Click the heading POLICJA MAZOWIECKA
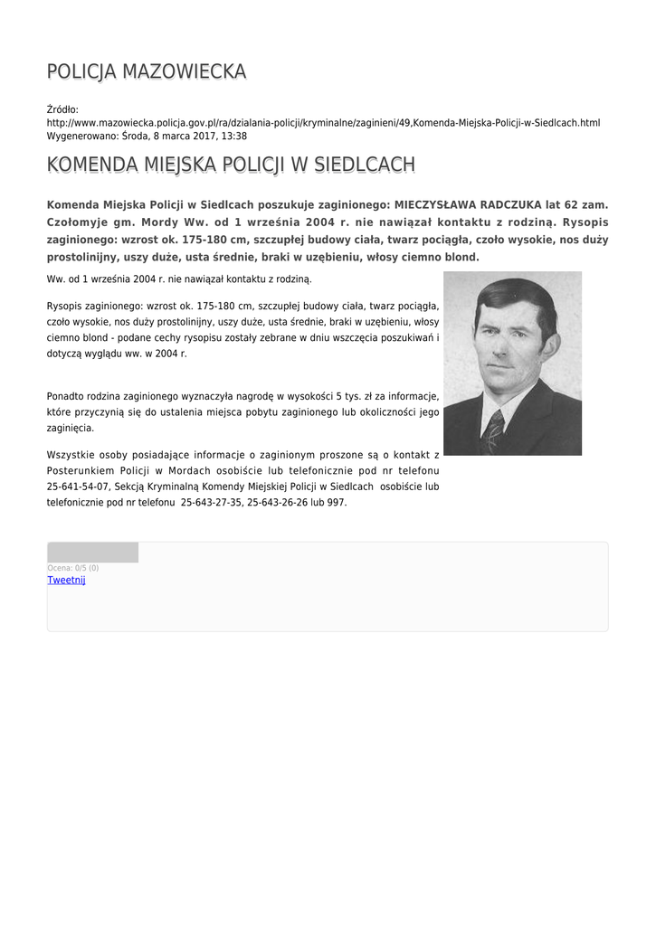[x=146, y=71]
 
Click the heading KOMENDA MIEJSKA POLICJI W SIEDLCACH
[x=231, y=165]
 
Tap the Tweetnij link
[x=66, y=580]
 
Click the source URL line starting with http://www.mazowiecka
[x=323, y=122]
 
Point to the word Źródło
[x=62, y=109]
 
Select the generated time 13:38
[x=233, y=136]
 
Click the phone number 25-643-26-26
[x=278, y=502]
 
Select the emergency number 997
[x=336, y=502]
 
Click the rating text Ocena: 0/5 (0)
[x=73, y=568]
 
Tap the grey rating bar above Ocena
[x=92, y=553]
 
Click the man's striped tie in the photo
[x=493, y=432]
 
